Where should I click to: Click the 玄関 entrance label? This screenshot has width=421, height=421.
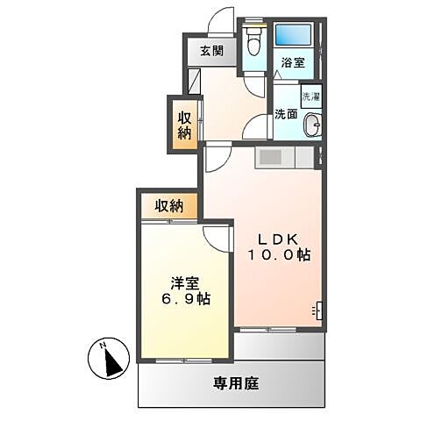pyautogui.click(x=210, y=51)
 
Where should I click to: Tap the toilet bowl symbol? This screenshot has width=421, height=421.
pyautogui.click(x=255, y=39)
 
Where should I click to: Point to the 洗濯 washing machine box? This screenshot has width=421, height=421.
pyautogui.click(x=310, y=96)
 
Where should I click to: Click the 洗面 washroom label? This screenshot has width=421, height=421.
pyautogui.click(x=285, y=114)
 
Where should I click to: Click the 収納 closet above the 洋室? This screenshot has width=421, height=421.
pyautogui.click(x=169, y=206)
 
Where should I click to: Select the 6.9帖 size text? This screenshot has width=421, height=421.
pyautogui.click(x=186, y=300)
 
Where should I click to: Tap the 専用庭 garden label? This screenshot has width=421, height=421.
pyautogui.click(x=237, y=382)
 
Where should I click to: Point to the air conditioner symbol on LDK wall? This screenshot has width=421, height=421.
pyautogui.click(x=317, y=310)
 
